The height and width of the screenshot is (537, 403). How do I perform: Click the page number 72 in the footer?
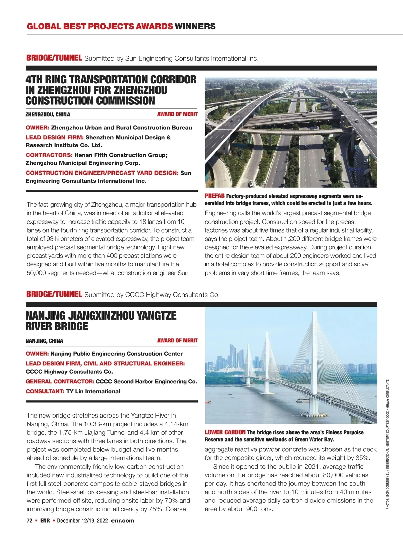pyautogui.click(x=29, y=521)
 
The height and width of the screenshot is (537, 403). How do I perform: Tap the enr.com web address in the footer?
pyautogui.click(x=122, y=521)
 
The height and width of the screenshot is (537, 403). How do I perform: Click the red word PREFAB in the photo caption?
pyautogui.click(x=215, y=196)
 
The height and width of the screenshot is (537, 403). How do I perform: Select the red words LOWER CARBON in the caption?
pyautogui.click(x=225, y=432)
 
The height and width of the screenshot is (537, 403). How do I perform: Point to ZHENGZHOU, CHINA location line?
pyautogui.click(x=48, y=114)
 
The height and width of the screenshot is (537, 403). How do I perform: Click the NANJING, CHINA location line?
pyautogui.click(x=44, y=341)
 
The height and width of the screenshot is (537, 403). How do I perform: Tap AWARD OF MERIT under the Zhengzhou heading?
pyautogui.click(x=177, y=114)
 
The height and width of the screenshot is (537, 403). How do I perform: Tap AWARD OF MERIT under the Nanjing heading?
pyautogui.click(x=177, y=340)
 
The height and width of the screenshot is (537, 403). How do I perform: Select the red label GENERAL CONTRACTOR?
pyautogui.click(x=60, y=381)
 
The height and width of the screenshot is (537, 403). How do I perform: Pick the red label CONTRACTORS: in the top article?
pyautogui.click(x=49, y=155)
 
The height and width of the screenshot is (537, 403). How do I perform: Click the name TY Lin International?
pyautogui.click(x=93, y=391)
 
